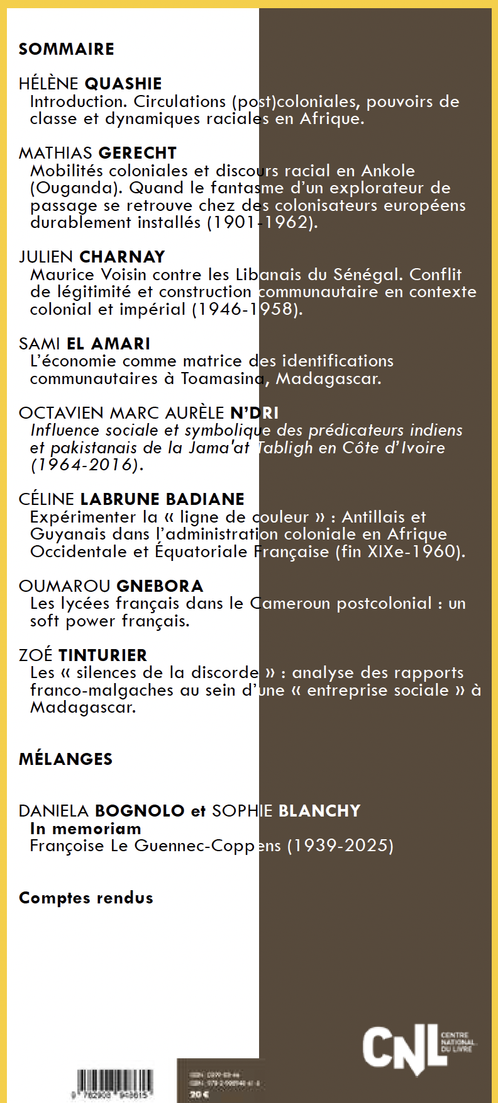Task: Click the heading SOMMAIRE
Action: [66, 49]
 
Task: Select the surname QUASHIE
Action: [123, 84]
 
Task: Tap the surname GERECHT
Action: [138, 153]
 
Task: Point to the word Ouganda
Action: [76, 188]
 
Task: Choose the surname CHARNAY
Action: [122, 257]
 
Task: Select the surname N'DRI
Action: [254, 413]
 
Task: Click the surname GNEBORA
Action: [160, 586]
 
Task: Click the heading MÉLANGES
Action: [65, 759]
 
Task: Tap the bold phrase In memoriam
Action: [86, 829]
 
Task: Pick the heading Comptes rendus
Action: [86, 898]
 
